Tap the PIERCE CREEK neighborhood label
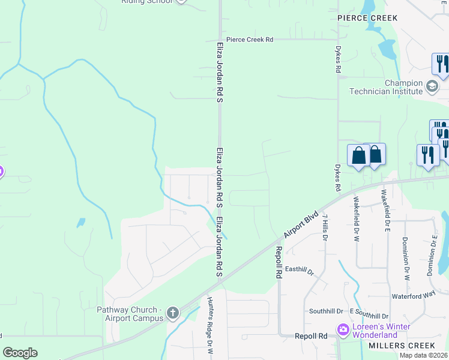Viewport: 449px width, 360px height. click(x=359, y=19)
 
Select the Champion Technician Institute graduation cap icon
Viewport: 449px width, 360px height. click(x=432, y=87)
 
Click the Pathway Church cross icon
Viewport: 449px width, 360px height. click(x=173, y=313)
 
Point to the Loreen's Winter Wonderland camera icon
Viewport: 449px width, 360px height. click(x=343, y=329)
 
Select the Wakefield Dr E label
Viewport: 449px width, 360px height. click(x=383, y=211)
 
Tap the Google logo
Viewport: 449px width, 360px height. click(x=20, y=353)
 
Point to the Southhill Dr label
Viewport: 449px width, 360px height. click(x=326, y=311)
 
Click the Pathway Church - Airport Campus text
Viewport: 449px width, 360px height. click(x=130, y=314)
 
